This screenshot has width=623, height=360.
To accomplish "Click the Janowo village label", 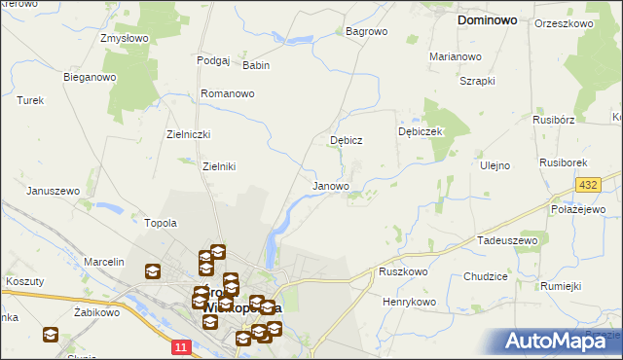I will (x=330, y=185).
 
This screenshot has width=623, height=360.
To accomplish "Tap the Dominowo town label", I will (x=494, y=18).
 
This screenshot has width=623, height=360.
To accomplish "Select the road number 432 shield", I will (x=587, y=184).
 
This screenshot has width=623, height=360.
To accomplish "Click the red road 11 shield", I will (x=181, y=346).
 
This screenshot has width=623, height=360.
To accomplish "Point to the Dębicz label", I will (x=347, y=140).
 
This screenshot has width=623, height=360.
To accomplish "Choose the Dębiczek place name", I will (x=421, y=130).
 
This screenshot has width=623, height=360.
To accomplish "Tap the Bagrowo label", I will (x=367, y=31).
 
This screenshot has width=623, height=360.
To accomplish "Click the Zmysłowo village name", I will (x=124, y=39).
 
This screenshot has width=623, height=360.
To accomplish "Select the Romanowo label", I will (x=227, y=93).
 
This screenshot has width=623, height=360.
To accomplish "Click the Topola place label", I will (x=161, y=223).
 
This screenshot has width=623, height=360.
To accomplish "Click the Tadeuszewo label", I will (x=507, y=239).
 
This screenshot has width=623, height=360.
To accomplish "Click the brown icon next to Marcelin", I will (x=153, y=271).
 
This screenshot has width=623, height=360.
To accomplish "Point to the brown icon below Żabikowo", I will (x=51, y=335).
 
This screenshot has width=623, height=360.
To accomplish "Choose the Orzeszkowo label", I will (x=565, y=22).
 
